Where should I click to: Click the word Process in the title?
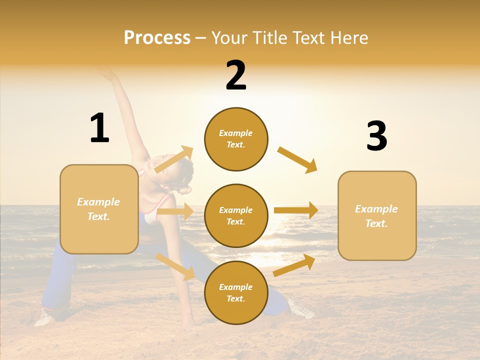157,37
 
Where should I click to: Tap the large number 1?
99,128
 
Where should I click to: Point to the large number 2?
236,75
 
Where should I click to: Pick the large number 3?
376,136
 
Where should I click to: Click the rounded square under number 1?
99,209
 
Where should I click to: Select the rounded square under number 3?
377,215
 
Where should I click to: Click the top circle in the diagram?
236,139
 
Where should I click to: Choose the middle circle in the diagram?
236,215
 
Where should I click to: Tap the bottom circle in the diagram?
236,292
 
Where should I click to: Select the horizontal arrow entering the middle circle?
175,211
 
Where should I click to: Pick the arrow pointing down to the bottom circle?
175,266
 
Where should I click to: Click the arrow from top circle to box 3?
297,159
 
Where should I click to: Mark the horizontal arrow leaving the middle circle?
296,210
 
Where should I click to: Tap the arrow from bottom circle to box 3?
294,265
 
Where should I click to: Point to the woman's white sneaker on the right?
301,307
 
